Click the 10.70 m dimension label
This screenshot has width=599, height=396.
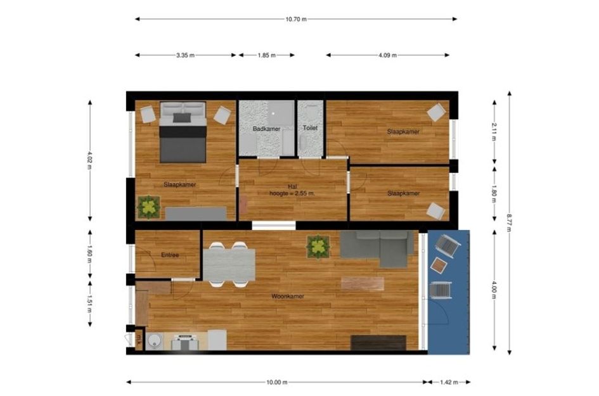tap(296, 19)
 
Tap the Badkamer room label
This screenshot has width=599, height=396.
tap(266, 129)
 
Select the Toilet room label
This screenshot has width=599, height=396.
tap(310, 128)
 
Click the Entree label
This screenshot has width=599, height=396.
tap(170, 255)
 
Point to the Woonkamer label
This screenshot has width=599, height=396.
tap(288, 297)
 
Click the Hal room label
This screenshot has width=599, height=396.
tap(292, 186)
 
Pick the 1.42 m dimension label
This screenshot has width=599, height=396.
tap(449, 382)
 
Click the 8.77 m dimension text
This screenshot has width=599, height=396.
tap(509, 222)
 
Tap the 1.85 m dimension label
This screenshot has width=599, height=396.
tap(266, 55)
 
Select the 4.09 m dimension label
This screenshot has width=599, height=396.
tap(387, 55)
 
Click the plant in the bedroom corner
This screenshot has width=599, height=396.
tap(148, 207)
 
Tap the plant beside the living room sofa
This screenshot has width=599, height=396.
tap(318, 246)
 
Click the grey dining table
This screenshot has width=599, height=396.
tap(229, 265)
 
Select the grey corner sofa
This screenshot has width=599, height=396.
tap(377, 248)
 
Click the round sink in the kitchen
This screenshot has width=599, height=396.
tap(155, 341)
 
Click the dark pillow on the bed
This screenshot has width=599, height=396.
tap(182, 118)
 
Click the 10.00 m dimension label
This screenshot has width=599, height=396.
tap(277, 382)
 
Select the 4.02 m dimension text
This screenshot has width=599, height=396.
tap(90, 160)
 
